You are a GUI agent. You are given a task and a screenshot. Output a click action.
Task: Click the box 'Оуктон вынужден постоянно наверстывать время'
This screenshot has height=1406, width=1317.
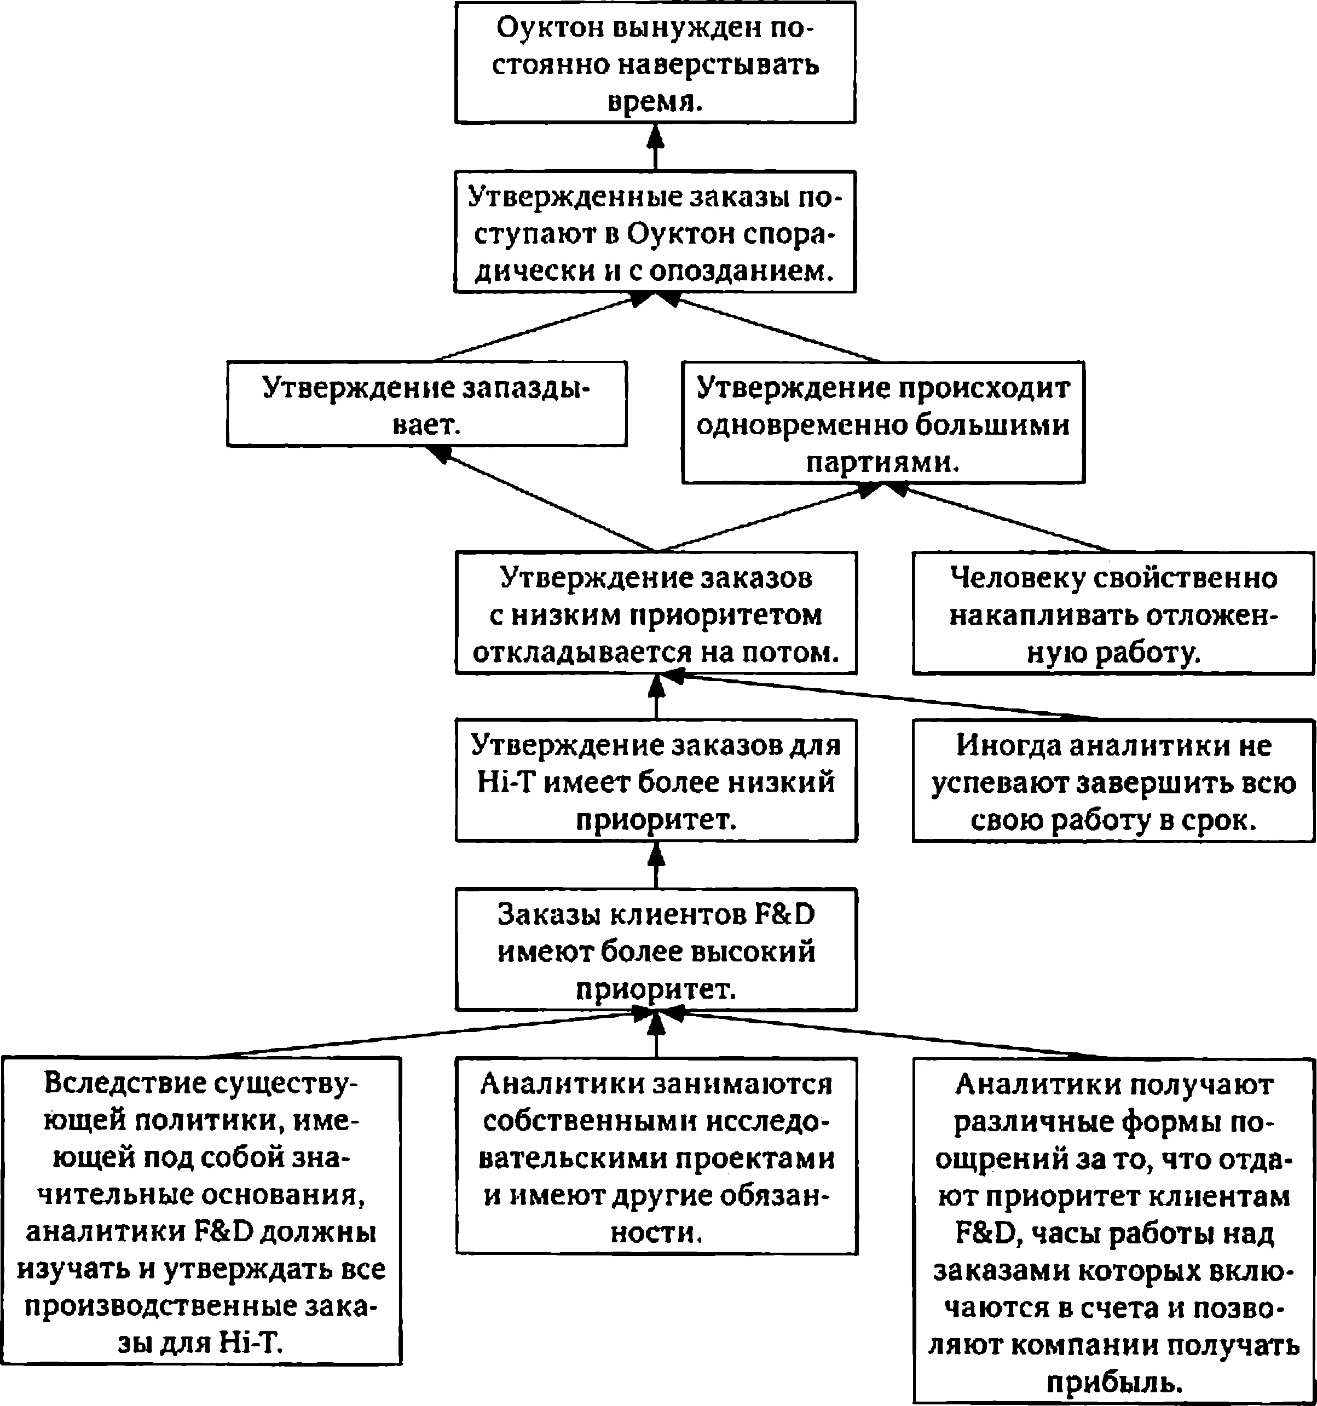click(x=655, y=62)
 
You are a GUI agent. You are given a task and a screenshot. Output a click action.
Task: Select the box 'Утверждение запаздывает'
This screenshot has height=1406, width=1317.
click(x=426, y=404)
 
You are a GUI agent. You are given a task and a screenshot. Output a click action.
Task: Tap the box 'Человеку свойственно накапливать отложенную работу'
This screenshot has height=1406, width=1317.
click(x=1113, y=613)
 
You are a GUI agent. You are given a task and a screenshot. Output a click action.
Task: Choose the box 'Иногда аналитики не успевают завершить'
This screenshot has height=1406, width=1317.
click(x=1113, y=781)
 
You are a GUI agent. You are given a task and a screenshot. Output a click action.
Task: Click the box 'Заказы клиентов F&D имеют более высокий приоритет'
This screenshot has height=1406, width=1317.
click(x=656, y=949)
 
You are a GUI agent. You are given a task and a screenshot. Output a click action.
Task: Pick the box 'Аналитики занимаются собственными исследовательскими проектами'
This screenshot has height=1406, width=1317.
click(x=656, y=1156)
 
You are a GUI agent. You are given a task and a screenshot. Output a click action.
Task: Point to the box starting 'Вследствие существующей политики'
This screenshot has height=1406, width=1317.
click(x=201, y=1210)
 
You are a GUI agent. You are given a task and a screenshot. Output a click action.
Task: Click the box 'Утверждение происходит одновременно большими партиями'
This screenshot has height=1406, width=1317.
click(x=883, y=422)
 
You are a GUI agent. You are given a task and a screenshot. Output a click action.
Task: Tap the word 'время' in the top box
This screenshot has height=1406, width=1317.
click(x=655, y=102)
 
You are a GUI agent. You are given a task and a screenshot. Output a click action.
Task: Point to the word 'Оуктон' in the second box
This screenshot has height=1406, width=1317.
click(x=673, y=234)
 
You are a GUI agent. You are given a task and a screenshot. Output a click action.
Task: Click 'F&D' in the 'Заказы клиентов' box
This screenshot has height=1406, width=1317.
click(x=785, y=914)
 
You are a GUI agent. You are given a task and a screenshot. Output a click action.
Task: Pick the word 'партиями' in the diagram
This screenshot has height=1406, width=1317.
click(x=883, y=461)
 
